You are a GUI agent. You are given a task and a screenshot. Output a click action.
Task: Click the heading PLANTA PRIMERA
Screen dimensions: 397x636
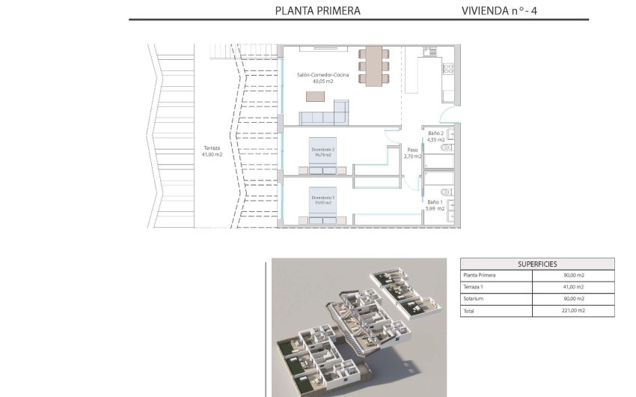point(317,10)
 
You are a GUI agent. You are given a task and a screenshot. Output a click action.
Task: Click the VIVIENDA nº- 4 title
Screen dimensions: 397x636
point(499,10)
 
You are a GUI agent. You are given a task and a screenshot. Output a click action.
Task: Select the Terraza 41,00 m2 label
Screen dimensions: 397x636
point(213,151)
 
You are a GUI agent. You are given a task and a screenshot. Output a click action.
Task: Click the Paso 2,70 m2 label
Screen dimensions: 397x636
point(412,153)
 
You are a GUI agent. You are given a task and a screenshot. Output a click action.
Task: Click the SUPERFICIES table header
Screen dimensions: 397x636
point(536,264)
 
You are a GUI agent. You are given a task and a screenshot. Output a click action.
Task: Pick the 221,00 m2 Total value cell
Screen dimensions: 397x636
point(572,310)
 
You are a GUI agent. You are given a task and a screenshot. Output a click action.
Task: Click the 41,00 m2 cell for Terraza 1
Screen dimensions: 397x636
point(572,287)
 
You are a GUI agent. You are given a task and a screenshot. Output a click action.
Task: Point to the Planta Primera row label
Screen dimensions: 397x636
point(479,275)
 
